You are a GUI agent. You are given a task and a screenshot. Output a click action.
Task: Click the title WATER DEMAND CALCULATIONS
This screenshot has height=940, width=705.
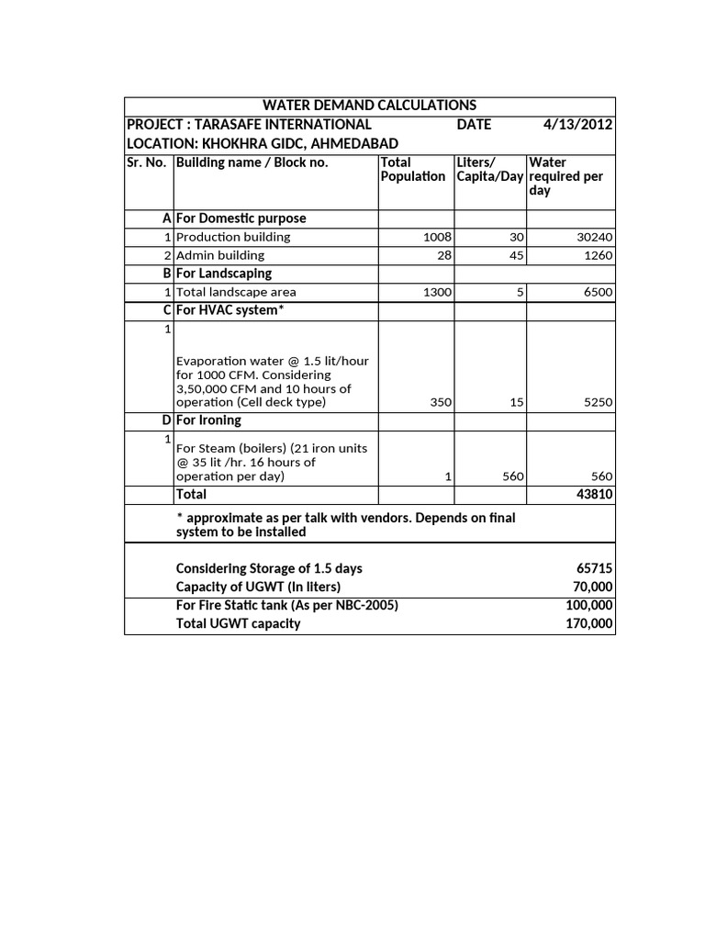[370, 106]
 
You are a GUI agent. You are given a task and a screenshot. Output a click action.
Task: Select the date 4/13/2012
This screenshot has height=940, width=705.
[577, 125]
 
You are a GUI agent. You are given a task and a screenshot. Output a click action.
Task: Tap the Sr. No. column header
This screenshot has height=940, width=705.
[148, 162]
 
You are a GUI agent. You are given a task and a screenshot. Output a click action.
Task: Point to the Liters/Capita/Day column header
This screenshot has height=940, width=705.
[489, 169]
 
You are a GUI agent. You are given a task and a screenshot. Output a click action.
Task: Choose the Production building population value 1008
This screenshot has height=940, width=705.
[437, 237]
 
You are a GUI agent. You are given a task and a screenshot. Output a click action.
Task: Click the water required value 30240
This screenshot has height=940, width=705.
[594, 237]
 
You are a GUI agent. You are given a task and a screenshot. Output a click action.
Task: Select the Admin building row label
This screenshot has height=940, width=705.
[220, 255]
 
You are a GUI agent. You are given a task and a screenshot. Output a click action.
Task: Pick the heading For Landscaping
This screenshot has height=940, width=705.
[224, 274]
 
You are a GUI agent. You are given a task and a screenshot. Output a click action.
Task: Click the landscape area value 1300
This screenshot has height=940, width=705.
[437, 292]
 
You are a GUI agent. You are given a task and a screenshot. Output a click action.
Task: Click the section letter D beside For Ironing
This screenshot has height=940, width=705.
[167, 420]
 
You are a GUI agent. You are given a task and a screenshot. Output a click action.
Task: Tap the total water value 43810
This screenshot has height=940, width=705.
[594, 494]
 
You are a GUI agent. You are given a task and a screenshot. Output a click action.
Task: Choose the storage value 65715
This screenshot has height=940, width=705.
[594, 568]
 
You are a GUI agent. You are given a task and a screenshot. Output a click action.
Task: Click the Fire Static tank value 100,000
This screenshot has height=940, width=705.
[589, 605]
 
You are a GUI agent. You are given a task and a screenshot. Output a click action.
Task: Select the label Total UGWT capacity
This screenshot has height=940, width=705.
[238, 623]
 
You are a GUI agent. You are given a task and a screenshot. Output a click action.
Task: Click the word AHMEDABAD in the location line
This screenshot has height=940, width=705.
[355, 143]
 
